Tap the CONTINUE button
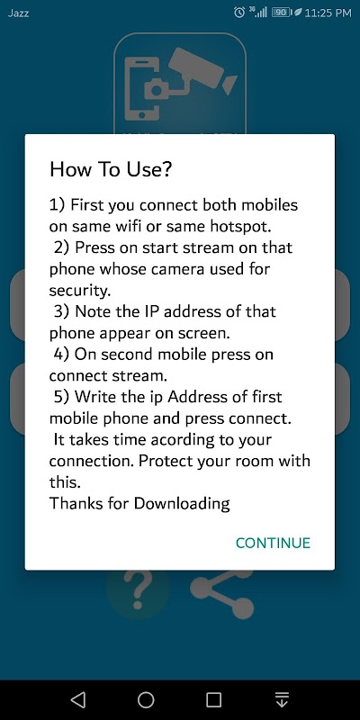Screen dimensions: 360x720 click(273, 543)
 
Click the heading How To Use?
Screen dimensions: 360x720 click(111, 169)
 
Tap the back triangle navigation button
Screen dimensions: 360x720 click(78, 700)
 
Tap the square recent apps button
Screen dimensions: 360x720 click(214, 700)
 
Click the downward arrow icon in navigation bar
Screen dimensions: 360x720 click(282, 700)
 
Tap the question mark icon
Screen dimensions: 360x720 click(138, 590)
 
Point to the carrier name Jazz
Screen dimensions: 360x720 click(18, 13)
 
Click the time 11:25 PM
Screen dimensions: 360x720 click(328, 13)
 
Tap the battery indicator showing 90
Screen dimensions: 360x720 click(281, 13)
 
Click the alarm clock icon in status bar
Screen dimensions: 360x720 click(239, 13)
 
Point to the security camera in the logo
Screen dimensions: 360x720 click(202, 71)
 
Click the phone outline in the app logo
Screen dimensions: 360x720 click(142, 88)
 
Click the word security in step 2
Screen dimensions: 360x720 click(77, 291)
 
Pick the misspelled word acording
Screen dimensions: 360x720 click(183, 440)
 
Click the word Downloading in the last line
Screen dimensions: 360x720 click(182, 504)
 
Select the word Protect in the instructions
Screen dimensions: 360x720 click(166, 461)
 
